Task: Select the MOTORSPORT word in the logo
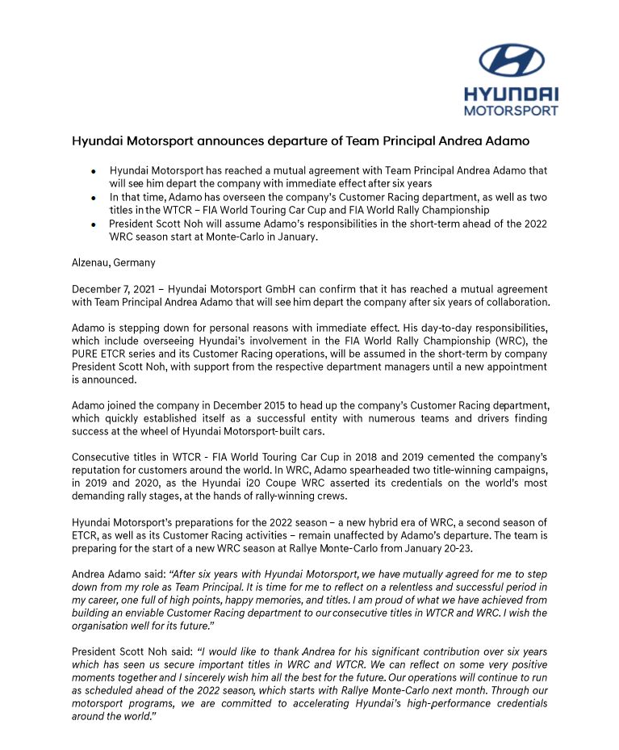pyautogui.click(x=511, y=111)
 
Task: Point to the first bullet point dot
pyautogui.click(x=94, y=172)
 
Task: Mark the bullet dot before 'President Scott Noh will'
pyautogui.click(x=94, y=224)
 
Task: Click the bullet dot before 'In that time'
pyautogui.click(x=94, y=198)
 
